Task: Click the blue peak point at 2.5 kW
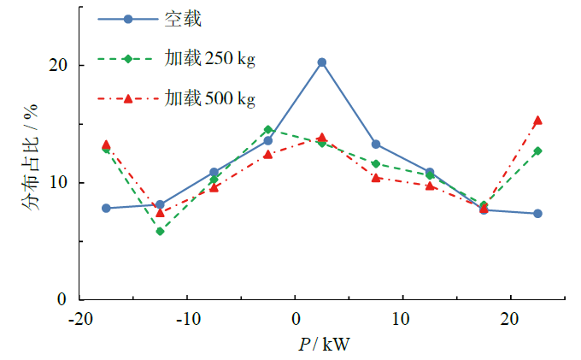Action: click(x=321, y=62)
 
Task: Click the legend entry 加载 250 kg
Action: click(x=210, y=59)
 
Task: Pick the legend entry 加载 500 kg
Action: click(x=210, y=98)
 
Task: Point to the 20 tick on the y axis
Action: click(x=59, y=66)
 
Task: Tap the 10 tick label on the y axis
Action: click(x=59, y=183)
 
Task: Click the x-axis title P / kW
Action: click(x=324, y=344)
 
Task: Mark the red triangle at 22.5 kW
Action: click(x=537, y=121)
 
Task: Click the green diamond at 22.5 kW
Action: click(x=537, y=150)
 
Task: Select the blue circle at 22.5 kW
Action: click(x=537, y=214)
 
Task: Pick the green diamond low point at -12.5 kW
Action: click(x=160, y=231)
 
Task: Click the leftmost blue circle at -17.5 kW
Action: click(x=106, y=208)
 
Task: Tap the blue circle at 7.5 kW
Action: click(x=375, y=145)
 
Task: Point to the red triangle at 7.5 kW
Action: click(x=375, y=178)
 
